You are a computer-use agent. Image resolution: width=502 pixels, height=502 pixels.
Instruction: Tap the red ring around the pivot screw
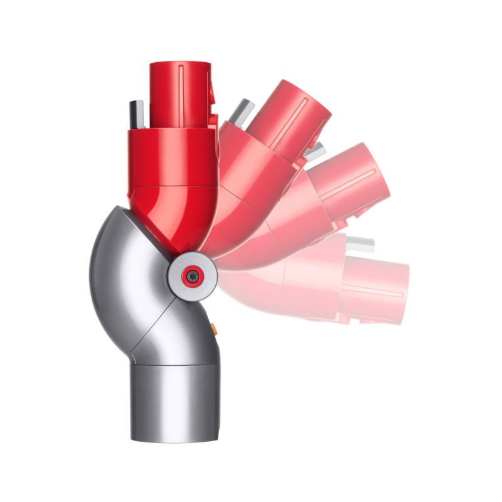pos(184,274)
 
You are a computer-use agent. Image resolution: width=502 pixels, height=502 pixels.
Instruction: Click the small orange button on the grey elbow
pos(215,327)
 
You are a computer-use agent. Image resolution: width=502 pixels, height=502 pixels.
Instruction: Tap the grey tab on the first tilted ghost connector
pos(240,112)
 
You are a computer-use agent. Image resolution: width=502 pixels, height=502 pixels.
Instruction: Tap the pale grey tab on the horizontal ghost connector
pos(361,244)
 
